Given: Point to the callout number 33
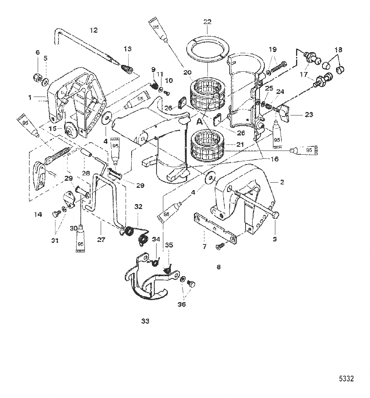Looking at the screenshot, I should (x=145, y=321).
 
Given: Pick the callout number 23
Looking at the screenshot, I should (x=309, y=115).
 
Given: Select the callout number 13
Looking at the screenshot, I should (x=128, y=49).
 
